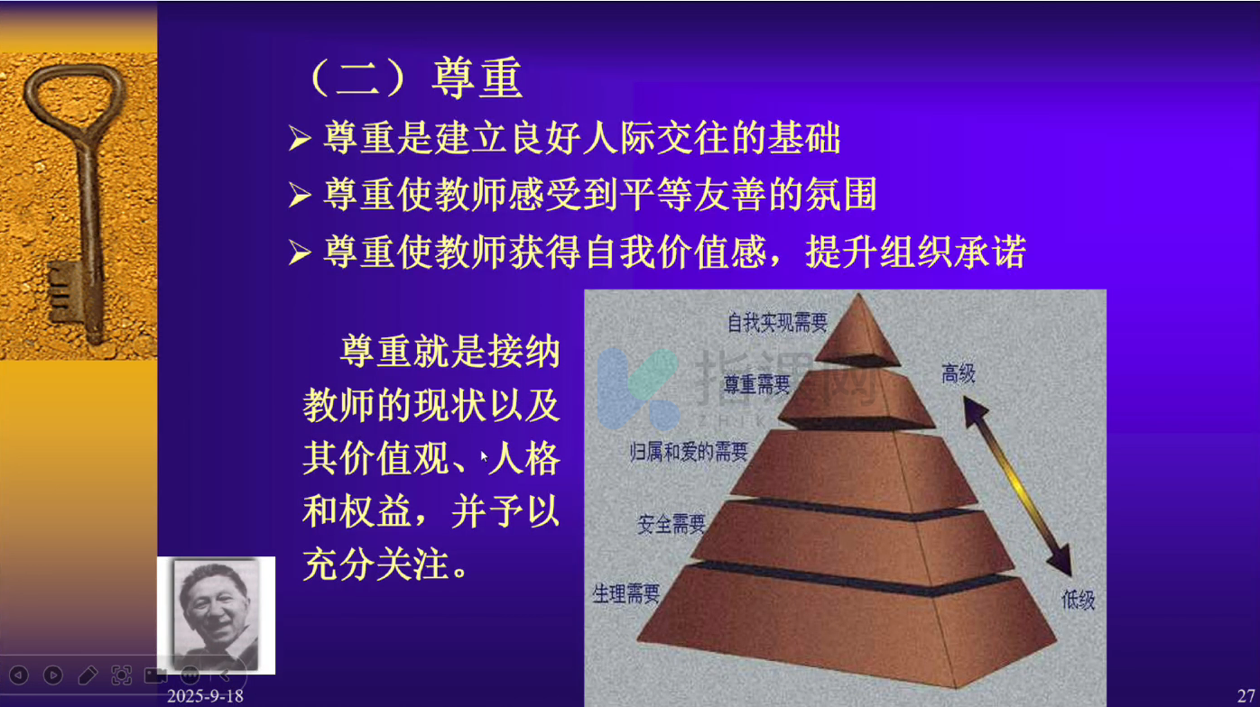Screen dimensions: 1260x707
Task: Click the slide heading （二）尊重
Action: [x=417, y=78]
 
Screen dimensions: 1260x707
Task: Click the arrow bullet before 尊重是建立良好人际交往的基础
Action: [x=300, y=138]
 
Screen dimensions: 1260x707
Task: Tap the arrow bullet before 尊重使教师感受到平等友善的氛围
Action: [x=300, y=195]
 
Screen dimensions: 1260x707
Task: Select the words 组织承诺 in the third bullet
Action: [x=952, y=252]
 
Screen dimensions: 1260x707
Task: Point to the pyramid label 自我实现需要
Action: [x=777, y=323]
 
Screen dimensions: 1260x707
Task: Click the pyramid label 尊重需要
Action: [x=756, y=385]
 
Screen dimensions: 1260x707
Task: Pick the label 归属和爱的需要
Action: [x=689, y=451]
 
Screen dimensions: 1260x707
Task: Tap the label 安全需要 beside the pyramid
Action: [x=671, y=524]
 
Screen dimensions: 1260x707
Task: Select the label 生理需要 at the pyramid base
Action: [x=626, y=593]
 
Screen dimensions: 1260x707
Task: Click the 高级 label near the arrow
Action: [x=958, y=373]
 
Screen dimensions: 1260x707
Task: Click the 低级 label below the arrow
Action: [x=1079, y=601]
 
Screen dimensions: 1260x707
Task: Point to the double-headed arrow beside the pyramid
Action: [x=1017, y=486]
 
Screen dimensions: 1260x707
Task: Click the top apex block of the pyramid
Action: [x=857, y=332]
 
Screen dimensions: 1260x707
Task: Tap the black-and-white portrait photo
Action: [x=216, y=615]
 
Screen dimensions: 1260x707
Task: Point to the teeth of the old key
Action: [x=60, y=291]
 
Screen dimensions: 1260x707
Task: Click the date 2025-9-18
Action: [x=205, y=696]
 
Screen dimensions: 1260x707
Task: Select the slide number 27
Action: [x=1246, y=696]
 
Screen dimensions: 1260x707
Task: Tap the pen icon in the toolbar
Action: [x=88, y=675]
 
